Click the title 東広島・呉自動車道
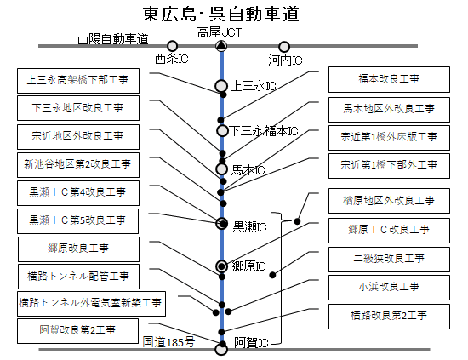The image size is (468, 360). (x=221, y=14)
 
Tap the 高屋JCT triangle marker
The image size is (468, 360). (x=221, y=46)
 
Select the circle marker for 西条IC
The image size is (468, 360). (x=172, y=46)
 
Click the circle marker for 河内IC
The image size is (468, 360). (x=284, y=47)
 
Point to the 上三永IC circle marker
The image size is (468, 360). (x=221, y=86)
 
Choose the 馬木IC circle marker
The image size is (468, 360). (x=221, y=169)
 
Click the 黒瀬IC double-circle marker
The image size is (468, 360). (x=222, y=223)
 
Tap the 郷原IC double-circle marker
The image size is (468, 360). (x=221, y=266)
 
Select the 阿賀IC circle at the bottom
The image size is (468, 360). (x=221, y=349)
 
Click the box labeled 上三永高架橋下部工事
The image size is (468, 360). (x=78, y=81)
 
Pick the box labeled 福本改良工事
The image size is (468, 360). (x=389, y=79)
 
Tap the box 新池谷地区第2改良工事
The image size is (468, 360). (x=78, y=165)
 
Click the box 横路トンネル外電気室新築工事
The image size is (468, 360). (x=91, y=304)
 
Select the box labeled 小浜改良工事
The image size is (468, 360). (x=389, y=288)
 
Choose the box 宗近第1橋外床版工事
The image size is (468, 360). (x=389, y=138)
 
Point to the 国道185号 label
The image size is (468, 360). (x=168, y=342)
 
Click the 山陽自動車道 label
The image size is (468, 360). (x=113, y=39)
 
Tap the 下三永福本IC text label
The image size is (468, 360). (x=264, y=131)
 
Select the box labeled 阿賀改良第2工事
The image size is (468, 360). (x=78, y=331)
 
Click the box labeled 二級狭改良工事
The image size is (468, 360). (x=389, y=260)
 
